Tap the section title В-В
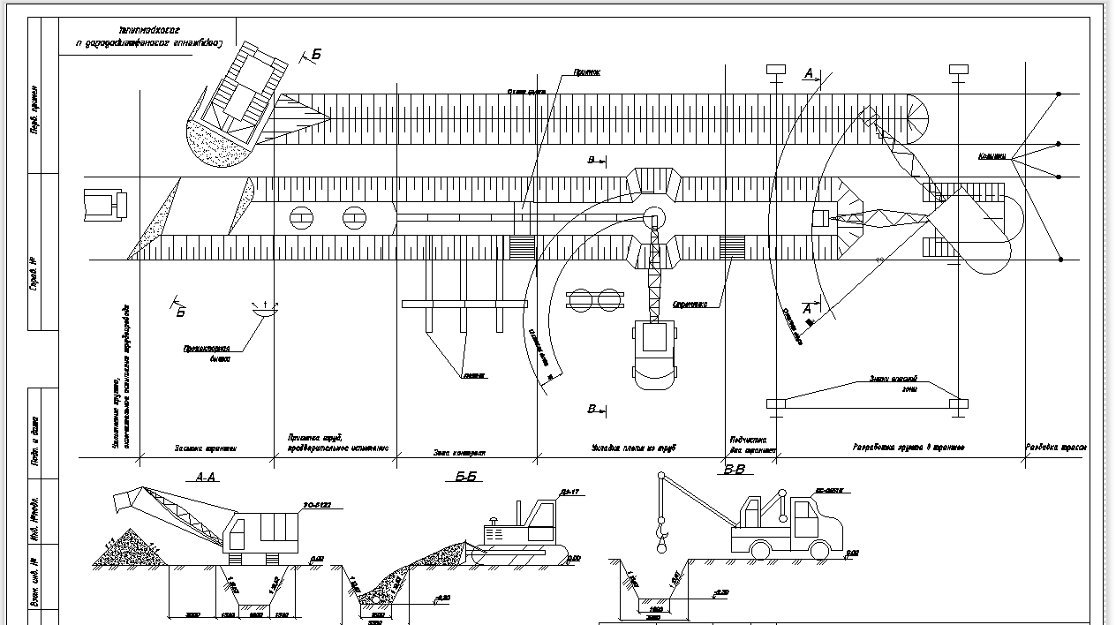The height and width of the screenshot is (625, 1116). click(x=735, y=470)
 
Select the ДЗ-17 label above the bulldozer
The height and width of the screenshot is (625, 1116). click(x=567, y=492)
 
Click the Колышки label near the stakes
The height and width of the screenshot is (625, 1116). click(x=992, y=156)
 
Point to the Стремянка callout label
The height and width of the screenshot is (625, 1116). click(x=690, y=305)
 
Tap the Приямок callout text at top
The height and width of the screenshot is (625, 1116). click(x=587, y=72)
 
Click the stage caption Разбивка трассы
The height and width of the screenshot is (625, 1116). click(x=1056, y=448)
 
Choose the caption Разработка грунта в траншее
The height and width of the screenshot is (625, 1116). click(x=908, y=448)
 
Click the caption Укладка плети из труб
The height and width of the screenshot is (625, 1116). click(x=633, y=448)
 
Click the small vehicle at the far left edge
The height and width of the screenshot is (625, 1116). click(x=104, y=204)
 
